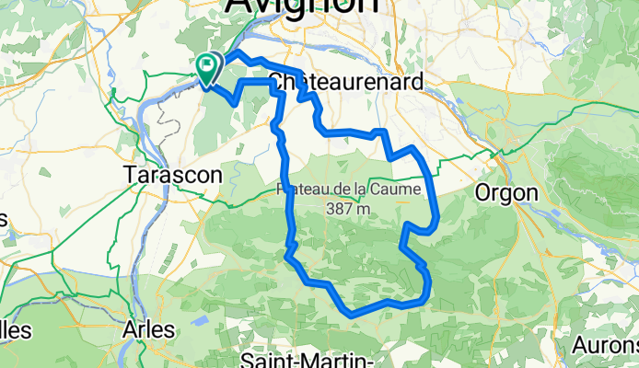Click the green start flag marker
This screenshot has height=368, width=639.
point(208,65)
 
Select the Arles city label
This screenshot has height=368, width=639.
point(153,328)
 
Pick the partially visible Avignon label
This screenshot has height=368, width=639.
point(301,6)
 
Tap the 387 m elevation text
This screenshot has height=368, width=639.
point(347,209)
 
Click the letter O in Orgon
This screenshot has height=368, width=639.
point(482,192)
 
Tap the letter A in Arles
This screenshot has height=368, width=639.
point(131,328)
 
